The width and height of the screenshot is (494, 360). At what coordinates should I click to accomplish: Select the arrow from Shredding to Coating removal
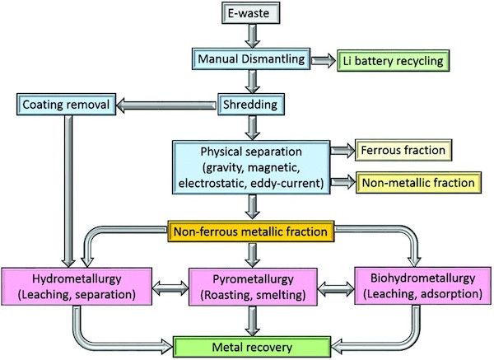coord(165,105)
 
